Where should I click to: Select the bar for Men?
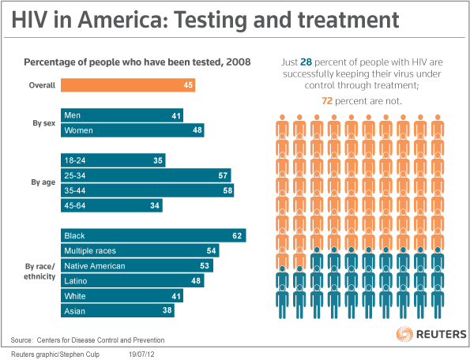[x=122, y=115]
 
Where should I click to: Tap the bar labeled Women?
[x=132, y=130]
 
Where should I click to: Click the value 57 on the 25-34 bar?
[x=224, y=175]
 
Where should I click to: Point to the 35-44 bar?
[x=148, y=190]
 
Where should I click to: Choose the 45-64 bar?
[x=111, y=205]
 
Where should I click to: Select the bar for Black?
[x=153, y=235]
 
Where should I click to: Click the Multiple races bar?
[x=139, y=250]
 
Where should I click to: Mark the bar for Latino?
[x=132, y=280]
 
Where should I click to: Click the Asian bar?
[x=118, y=310]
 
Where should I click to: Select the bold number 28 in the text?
[x=308, y=61]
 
